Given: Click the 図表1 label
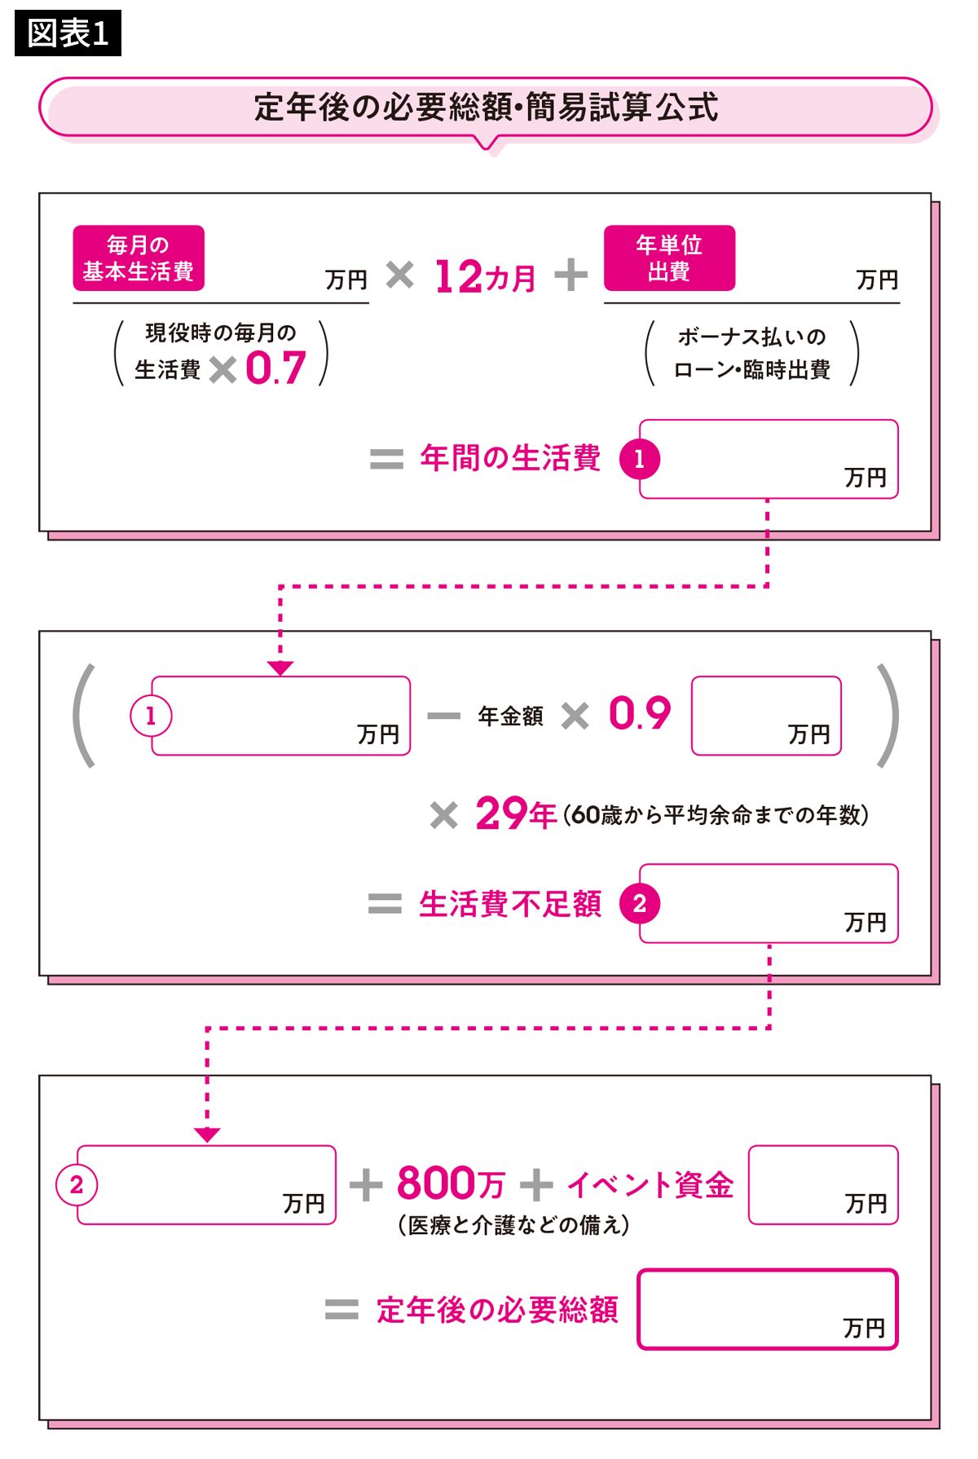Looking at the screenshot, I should tap(68, 34).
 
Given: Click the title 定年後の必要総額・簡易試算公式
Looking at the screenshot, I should tap(486, 108).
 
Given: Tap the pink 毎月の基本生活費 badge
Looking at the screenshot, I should tap(139, 258).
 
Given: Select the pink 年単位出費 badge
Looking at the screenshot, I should tap(669, 258).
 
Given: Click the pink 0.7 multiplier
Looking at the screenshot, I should tap(275, 368).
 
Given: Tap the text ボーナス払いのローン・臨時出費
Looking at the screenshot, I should tap(751, 354).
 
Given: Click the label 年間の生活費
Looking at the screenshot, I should tap(511, 458).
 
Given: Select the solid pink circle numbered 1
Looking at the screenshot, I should tap(639, 459).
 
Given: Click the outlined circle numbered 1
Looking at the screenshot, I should tap(150, 716).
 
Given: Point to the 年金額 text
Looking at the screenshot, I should tap(510, 716).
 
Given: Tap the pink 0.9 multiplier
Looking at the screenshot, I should tap(640, 714).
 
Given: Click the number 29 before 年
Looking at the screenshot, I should tap(501, 813).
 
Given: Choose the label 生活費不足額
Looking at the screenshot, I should tap(510, 904).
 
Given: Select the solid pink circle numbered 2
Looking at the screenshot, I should tap(639, 904).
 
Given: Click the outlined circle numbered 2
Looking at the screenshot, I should tap(77, 1185).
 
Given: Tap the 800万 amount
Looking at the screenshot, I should tap(451, 1184).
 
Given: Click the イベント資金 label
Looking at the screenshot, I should tap(650, 1185).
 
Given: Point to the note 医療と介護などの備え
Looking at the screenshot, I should tap(513, 1225).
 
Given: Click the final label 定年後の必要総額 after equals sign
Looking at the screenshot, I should tap(497, 1310).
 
